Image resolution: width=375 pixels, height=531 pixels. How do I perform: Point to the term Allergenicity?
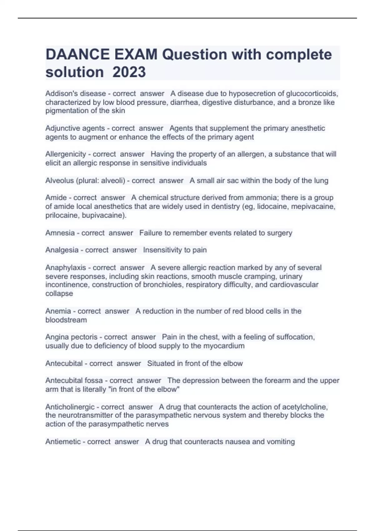tap(66, 154)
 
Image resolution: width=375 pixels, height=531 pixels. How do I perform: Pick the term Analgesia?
tap(62, 250)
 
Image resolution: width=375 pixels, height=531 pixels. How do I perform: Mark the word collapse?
tap(59, 293)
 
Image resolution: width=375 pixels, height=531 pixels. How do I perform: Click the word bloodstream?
tap(66, 320)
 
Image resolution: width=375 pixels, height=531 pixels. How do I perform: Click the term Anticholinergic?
tap(70, 407)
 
